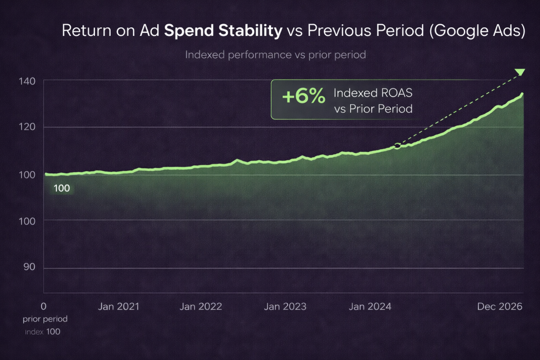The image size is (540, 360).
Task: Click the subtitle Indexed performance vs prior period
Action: tap(275, 55)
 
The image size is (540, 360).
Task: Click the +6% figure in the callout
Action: tap(303, 98)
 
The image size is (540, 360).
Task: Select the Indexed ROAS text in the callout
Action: tap(373, 93)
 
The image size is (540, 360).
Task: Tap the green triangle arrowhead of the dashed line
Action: tap(520, 72)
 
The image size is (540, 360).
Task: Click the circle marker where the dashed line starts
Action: tap(397, 146)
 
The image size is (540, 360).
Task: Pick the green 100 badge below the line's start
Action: tap(62, 188)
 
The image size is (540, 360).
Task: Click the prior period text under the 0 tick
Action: tap(45, 319)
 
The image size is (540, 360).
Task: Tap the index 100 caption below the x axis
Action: tap(43, 332)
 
